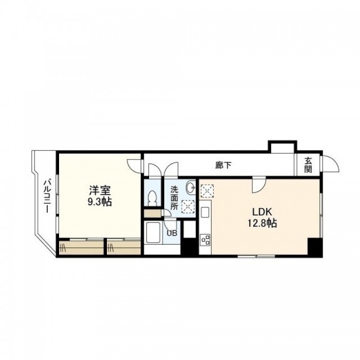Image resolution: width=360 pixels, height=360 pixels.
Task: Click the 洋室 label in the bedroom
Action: point(100,190)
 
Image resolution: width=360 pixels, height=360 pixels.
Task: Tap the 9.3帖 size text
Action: point(100,202)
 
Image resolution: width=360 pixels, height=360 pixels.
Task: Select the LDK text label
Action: point(262,211)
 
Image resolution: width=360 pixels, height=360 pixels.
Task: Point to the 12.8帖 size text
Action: point(262,223)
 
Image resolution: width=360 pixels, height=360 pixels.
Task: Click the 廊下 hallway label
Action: point(223,165)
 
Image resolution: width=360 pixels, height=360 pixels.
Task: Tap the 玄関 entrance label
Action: point(308,165)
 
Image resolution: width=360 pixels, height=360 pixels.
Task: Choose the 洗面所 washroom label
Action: point(174,198)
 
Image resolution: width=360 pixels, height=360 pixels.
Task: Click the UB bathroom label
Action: point(172,233)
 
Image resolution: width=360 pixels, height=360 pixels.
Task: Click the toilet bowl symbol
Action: point(152,199)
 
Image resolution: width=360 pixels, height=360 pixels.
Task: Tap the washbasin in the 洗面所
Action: point(191,187)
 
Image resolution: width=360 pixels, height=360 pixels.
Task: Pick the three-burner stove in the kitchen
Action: point(205,240)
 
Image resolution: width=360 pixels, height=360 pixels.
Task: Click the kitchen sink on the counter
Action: point(205,212)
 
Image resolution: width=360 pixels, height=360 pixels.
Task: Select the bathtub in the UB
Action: point(153,232)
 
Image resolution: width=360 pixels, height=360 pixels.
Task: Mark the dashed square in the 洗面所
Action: point(188,206)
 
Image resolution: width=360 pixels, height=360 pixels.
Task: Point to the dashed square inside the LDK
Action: point(207,191)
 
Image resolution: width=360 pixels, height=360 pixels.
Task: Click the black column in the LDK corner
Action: point(315,247)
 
